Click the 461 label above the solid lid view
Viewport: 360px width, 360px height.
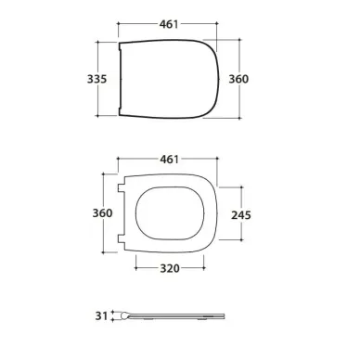click(169, 24)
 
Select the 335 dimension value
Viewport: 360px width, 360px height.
click(96, 79)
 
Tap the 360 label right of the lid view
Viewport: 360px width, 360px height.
click(238, 79)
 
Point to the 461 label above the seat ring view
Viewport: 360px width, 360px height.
click(169, 160)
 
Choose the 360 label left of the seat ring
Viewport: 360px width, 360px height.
click(102, 213)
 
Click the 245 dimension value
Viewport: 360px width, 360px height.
click(241, 215)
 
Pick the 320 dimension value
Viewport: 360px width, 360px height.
click(170, 268)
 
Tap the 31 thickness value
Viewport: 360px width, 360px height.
click(101, 316)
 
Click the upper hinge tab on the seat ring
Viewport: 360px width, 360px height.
click(122, 188)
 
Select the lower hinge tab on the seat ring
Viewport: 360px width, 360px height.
click(122, 239)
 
